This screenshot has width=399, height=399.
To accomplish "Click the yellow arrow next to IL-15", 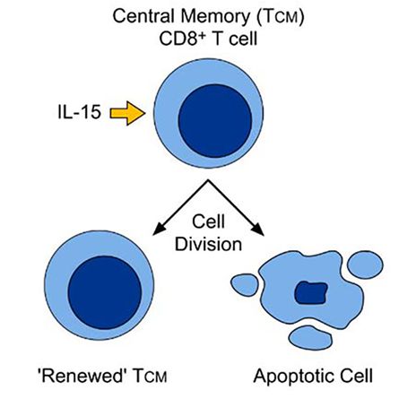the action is pyautogui.click(x=128, y=113).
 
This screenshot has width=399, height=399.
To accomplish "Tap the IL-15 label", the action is pyautogui.click(x=80, y=113).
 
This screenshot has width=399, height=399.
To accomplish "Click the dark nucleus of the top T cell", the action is pyautogui.click(x=215, y=121).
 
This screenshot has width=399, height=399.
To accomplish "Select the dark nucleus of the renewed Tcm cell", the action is pyautogui.click(x=105, y=292).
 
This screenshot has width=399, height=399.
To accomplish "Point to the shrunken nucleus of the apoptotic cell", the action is pyautogui.click(x=311, y=292).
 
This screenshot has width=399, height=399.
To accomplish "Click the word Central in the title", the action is pyautogui.click(x=143, y=16).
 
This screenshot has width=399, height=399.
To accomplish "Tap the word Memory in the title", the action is pyautogui.click(x=214, y=17).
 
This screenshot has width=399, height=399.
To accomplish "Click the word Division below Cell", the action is pyautogui.click(x=208, y=244).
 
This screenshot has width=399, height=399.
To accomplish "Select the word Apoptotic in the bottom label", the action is pyautogui.click(x=296, y=377).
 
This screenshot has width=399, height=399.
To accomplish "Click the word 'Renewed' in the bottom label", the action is pyautogui.click(x=81, y=375).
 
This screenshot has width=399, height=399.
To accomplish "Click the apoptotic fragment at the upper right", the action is pyautogui.click(x=365, y=265).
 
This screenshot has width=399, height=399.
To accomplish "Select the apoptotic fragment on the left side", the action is pyautogui.click(x=245, y=285).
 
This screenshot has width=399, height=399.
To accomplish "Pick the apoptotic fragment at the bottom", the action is pyautogui.click(x=311, y=338).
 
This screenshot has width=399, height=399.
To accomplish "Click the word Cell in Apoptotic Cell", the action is pyautogui.click(x=358, y=376).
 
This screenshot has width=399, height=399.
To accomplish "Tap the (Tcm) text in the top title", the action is pyautogui.click(x=280, y=17).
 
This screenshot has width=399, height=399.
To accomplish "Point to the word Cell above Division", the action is pyautogui.click(x=208, y=221).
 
